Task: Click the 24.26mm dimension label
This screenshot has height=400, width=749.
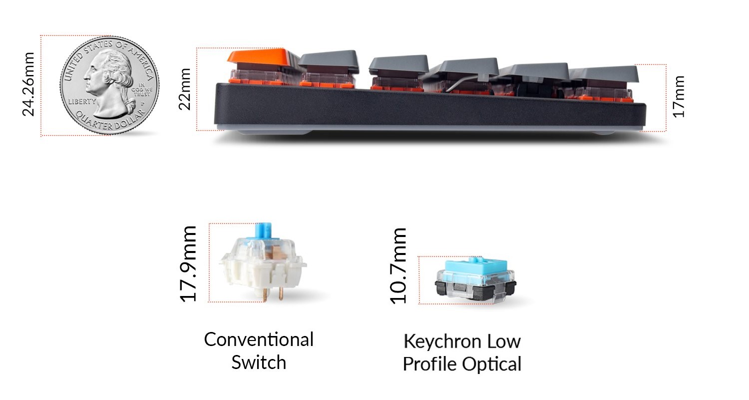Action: (x=28, y=84)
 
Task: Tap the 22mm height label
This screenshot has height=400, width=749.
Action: (x=185, y=88)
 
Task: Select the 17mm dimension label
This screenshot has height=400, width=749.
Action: (x=679, y=96)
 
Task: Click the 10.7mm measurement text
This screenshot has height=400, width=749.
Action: (x=398, y=265)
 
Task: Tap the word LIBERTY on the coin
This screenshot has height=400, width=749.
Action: (x=82, y=101)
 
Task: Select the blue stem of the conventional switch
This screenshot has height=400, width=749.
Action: (x=263, y=231)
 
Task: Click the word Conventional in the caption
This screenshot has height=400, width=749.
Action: (x=259, y=339)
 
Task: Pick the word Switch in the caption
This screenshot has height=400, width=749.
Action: (x=259, y=362)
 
